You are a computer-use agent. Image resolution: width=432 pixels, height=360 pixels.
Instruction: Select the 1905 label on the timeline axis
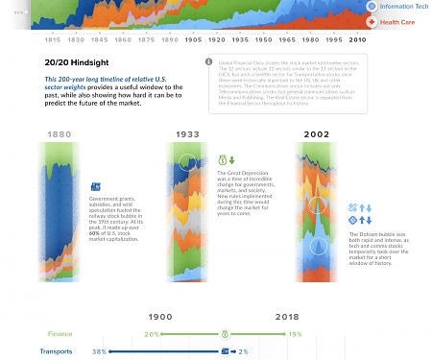(x=192, y=41)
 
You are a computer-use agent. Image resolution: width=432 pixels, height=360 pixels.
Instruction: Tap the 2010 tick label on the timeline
(x=358, y=41)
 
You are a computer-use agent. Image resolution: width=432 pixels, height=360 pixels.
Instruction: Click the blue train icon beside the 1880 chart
(x=95, y=187)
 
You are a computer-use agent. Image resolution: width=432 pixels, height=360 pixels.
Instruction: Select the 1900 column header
(x=159, y=316)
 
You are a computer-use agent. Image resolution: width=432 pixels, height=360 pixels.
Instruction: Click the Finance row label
(x=59, y=334)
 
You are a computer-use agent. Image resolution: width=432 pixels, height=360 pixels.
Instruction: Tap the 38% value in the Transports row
(x=98, y=352)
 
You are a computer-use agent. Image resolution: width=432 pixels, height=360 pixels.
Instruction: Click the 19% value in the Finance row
(x=296, y=334)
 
